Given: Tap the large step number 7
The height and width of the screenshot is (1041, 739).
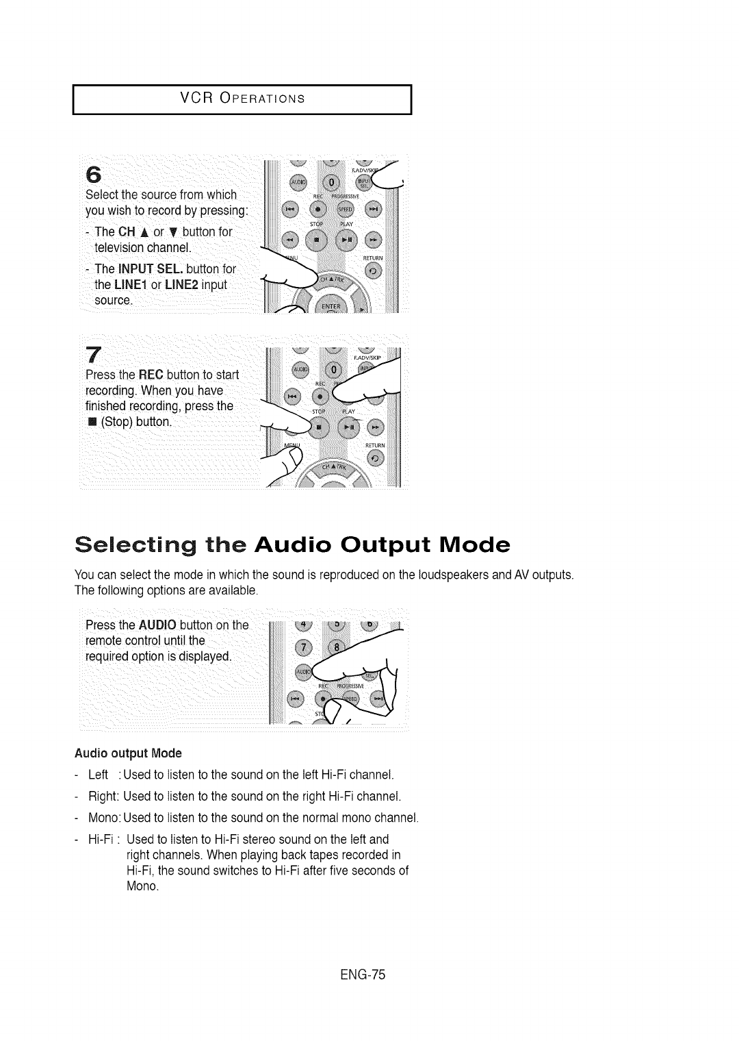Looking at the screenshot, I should point(95,354).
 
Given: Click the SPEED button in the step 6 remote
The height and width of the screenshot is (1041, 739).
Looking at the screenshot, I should point(347,209).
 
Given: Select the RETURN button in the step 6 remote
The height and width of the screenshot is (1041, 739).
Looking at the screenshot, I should point(376,271).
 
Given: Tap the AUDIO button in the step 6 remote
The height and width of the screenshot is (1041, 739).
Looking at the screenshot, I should point(299,183).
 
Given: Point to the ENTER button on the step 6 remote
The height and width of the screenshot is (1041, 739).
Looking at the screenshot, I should point(331,305).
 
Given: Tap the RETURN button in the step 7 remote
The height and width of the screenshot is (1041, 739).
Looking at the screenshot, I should point(376,458).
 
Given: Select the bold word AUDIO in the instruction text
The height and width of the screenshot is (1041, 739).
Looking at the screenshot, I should point(158,625).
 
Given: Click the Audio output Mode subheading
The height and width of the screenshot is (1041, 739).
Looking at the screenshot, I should point(128,753).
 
